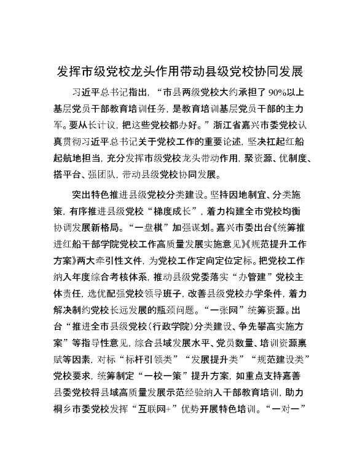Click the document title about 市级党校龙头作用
180,71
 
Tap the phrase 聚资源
255,152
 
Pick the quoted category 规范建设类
281,358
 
